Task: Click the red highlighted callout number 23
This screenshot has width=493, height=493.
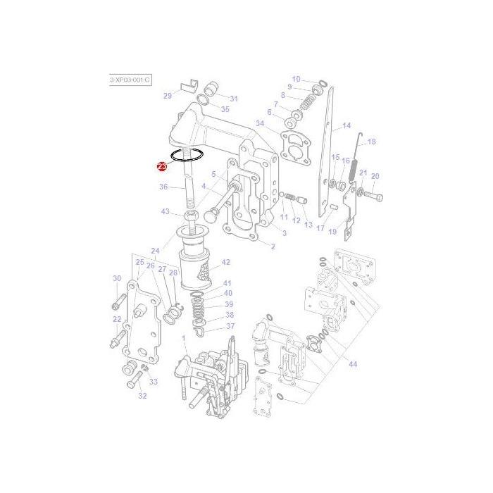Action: (x=162, y=166)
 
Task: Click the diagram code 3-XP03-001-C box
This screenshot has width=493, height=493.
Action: (x=130, y=80)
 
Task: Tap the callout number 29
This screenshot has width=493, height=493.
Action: (x=168, y=96)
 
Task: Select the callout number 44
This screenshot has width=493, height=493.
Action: (x=352, y=364)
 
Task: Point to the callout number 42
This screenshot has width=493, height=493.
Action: (x=226, y=262)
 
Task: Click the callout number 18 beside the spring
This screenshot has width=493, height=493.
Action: (x=371, y=142)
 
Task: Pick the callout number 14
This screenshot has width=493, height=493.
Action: (x=347, y=127)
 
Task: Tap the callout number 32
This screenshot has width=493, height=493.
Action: (x=142, y=396)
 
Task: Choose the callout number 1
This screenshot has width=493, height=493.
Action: (x=184, y=339)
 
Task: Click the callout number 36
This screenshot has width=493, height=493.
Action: (x=163, y=187)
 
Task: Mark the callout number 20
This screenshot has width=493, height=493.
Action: (x=375, y=176)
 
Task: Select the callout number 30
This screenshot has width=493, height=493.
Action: (x=117, y=279)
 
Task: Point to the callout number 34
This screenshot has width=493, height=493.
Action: (x=260, y=123)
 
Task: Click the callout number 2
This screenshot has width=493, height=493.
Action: (x=273, y=246)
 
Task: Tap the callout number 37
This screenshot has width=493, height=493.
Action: (x=230, y=326)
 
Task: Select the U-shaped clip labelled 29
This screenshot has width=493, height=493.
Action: (x=188, y=87)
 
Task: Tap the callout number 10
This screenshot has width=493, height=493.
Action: (x=296, y=79)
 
